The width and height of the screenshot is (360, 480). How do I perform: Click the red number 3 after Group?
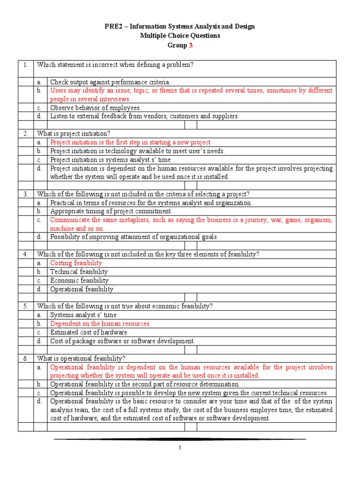click(190, 45)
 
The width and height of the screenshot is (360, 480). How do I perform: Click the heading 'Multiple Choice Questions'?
click(180, 36)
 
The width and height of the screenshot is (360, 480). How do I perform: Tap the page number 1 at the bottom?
click(180, 448)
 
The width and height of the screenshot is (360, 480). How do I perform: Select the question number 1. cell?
click(25, 65)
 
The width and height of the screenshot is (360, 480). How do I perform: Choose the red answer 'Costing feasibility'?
click(76, 263)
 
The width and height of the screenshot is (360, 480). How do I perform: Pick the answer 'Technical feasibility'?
click(79, 272)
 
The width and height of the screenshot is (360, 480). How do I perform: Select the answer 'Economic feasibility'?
click(79, 280)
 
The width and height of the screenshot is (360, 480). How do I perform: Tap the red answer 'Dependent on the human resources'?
click(100, 323)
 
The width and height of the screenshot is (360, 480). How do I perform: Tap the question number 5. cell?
click(25, 306)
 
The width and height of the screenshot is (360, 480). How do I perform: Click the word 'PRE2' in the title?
click(112, 26)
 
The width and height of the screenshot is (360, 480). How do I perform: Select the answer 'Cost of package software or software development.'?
click(122, 341)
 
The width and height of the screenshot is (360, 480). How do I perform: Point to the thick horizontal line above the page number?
click(180, 439)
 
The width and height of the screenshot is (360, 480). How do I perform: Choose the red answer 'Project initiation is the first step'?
click(131, 142)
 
